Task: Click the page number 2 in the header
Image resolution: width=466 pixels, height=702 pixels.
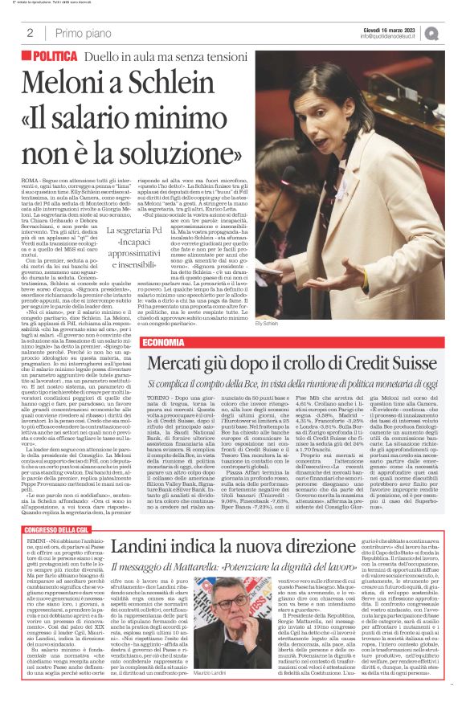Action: pyautogui.click(x=30, y=33)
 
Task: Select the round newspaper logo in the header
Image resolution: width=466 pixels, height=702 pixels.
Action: pyautogui.click(x=455, y=33)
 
